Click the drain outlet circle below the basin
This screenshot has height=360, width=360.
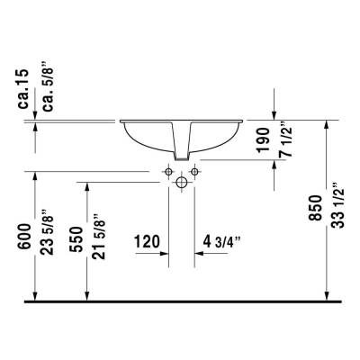(x=182, y=183)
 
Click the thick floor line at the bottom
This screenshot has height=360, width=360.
(x=180, y=300)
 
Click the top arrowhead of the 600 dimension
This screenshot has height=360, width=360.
(x=34, y=175)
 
